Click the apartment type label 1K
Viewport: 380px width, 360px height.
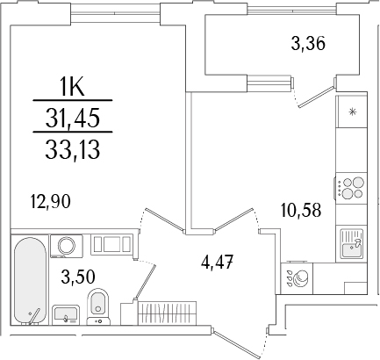pos(71,87)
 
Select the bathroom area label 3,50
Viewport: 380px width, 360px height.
pos(78,276)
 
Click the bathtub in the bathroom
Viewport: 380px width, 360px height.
pos(27,280)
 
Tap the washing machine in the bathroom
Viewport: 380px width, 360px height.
pos(66,245)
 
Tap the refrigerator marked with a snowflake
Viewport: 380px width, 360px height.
pos(353,112)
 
